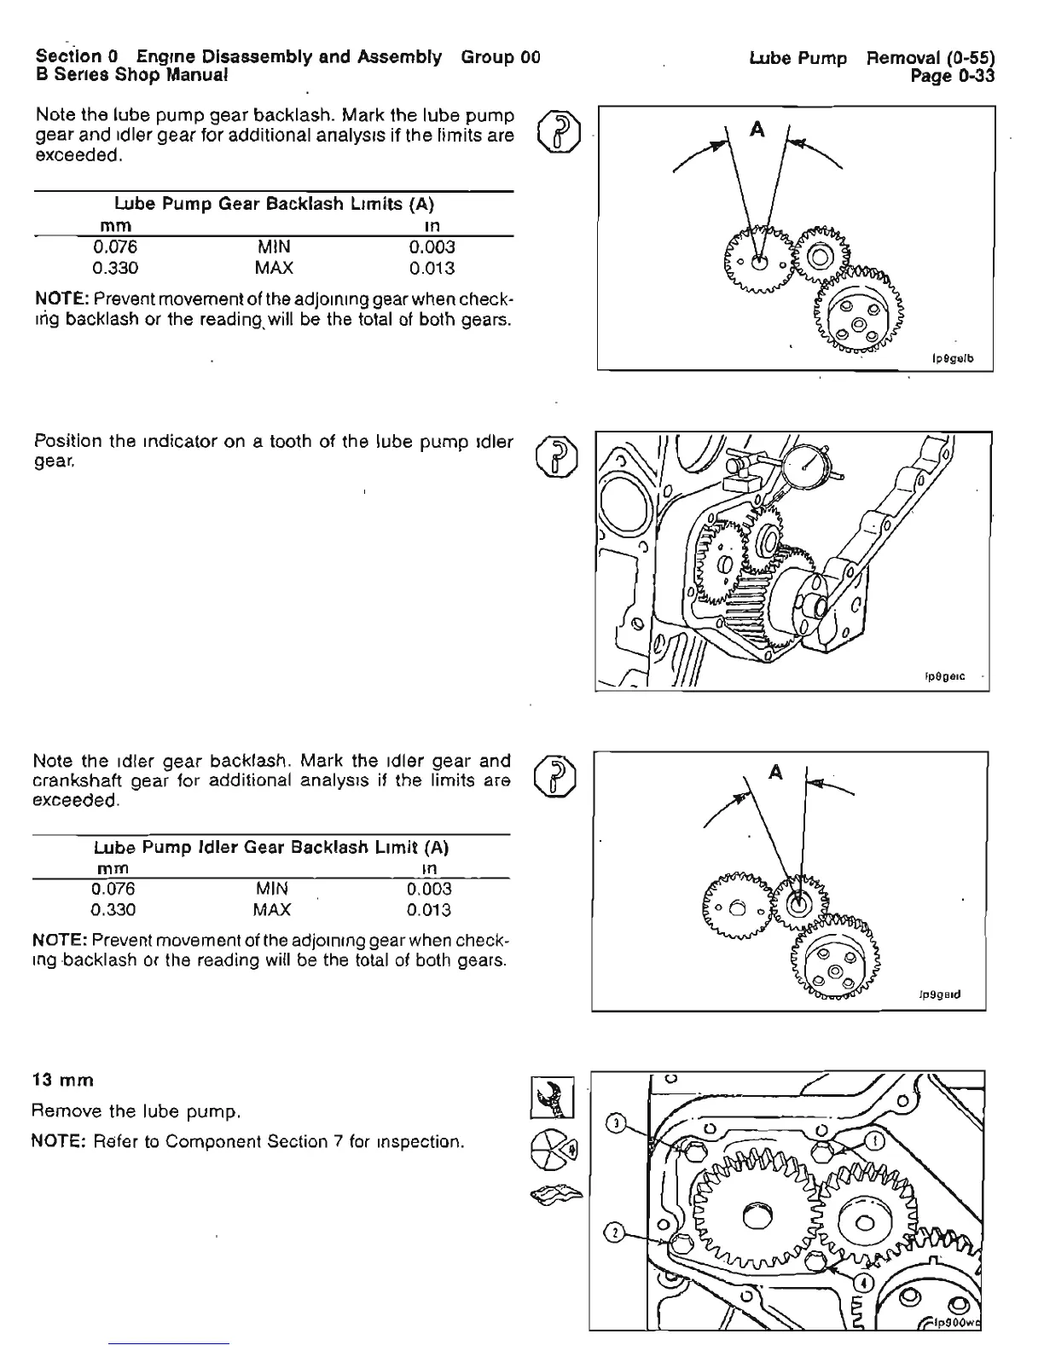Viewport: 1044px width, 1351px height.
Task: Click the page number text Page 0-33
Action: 953,77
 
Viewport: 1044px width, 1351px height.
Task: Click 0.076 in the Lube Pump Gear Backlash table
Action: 114,247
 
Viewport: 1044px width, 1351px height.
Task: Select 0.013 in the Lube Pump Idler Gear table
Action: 429,910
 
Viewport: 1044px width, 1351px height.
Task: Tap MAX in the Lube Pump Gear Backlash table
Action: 274,269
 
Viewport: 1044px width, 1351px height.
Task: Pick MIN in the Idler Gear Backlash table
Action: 272,889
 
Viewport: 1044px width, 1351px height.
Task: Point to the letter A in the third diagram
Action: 775,773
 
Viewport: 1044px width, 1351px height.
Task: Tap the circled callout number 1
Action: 874,1141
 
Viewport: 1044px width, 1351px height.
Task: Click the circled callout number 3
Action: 616,1122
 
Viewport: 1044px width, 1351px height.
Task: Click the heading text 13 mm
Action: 62,1080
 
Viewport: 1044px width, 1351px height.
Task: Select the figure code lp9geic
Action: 945,676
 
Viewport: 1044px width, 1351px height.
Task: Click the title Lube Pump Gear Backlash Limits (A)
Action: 274,204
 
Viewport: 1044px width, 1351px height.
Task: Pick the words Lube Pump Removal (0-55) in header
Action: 872,58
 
